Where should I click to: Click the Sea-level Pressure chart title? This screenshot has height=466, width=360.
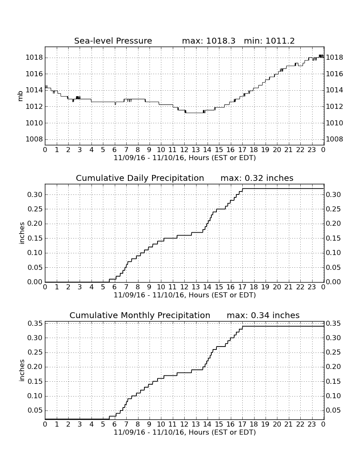[113, 41]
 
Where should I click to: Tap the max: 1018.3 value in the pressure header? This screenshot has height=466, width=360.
[208, 41]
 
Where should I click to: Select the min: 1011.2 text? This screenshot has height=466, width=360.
[269, 41]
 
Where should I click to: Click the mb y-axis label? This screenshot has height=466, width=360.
[20, 96]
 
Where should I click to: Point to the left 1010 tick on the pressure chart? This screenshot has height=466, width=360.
[34, 123]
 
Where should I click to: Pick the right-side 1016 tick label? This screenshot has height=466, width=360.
[335, 74]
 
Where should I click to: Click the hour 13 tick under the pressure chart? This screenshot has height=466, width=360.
[196, 150]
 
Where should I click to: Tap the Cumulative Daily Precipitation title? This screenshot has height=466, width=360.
[140, 178]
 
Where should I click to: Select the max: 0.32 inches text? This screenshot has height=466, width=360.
[257, 178]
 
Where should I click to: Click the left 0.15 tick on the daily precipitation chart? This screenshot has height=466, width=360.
[35, 239]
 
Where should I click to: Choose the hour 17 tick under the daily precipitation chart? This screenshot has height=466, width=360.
[242, 287]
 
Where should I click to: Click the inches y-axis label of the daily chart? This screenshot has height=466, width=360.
[21, 233]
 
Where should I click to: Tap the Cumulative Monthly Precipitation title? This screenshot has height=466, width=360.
[140, 315]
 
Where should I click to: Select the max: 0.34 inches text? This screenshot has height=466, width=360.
[263, 315]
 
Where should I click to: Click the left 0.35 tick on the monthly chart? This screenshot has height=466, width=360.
[35, 323]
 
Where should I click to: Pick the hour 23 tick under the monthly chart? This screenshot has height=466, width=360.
[312, 424]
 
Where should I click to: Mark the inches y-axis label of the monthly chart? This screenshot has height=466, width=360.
[21, 371]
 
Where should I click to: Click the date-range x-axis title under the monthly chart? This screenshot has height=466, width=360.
[185, 432]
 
